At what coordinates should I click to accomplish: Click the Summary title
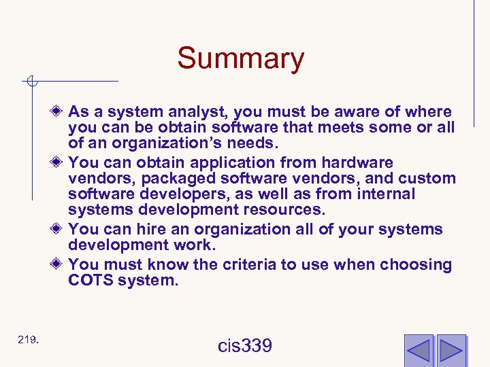click(x=240, y=58)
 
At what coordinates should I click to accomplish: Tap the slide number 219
click(x=28, y=339)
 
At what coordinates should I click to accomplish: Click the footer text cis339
click(x=245, y=346)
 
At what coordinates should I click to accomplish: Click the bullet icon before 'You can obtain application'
click(x=59, y=162)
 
